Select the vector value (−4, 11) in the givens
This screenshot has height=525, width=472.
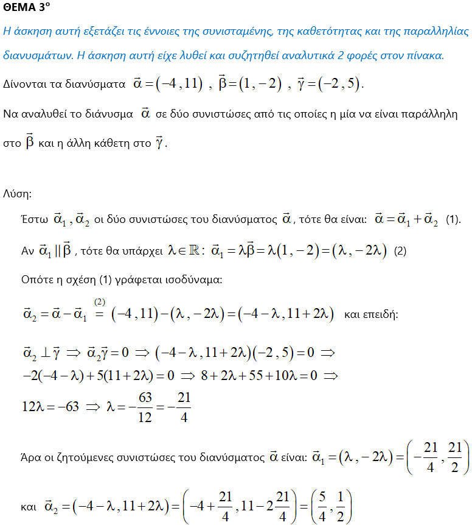(x=179, y=84)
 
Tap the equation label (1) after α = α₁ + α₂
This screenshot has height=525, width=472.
(x=454, y=220)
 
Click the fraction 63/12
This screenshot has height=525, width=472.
(x=145, y=407)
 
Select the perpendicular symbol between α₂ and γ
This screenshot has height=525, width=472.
(x=47, y=353)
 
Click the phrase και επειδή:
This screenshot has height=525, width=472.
(x=370, y=314)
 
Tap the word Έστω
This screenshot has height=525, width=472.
(x=34, y=220)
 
